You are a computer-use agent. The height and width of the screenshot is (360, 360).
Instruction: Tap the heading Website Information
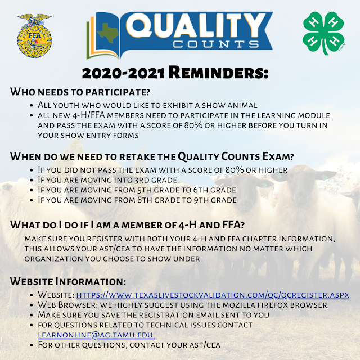pos(68,281)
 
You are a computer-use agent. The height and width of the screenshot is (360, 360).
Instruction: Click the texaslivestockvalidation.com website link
pos(213,295)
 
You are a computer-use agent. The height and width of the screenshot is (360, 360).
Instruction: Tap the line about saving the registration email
pos(154,315)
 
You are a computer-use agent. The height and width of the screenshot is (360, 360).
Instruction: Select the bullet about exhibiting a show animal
pos(146,105)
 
